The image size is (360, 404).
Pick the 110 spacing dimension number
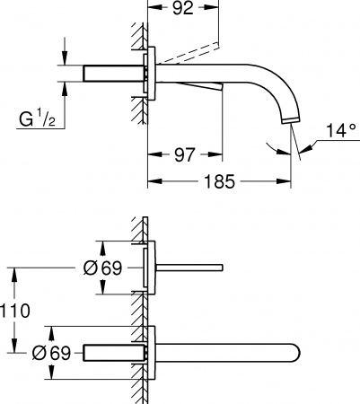pos(16,312)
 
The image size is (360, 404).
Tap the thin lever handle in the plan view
pos(189,267)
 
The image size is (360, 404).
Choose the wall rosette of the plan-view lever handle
pos(154,267)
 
